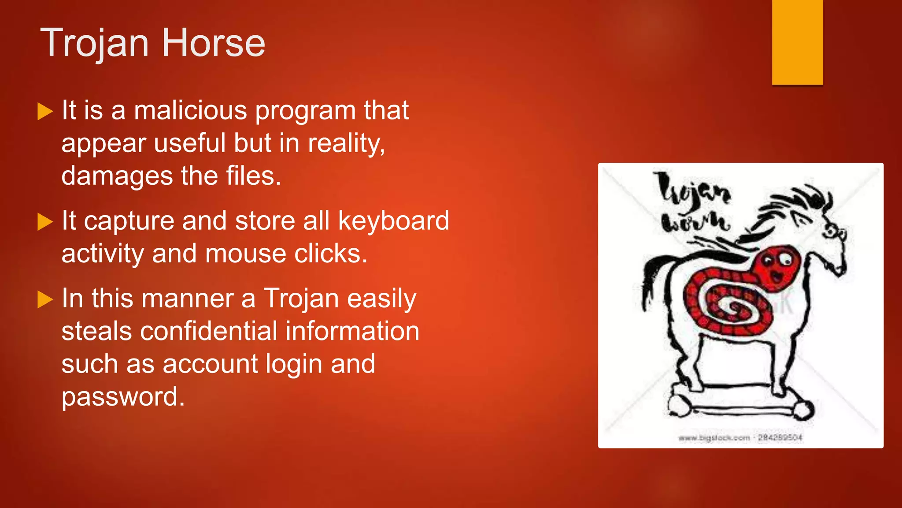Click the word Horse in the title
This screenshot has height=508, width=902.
click(x=214, y=43)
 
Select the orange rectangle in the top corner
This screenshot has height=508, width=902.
click(x=797, y=42)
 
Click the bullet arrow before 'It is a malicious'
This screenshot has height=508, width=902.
click(x=45, y=111)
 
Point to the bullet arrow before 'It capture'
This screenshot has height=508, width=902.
click(x=45, y=222)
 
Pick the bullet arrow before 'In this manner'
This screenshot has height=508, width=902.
click(x=45, y=299)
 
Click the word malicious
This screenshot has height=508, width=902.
click(x=190, y=110)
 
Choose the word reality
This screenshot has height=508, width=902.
click(x=346, y=144)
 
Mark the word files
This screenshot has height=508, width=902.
click(x=253, y=176)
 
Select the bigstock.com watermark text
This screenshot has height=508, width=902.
click(x=740, y=437)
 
